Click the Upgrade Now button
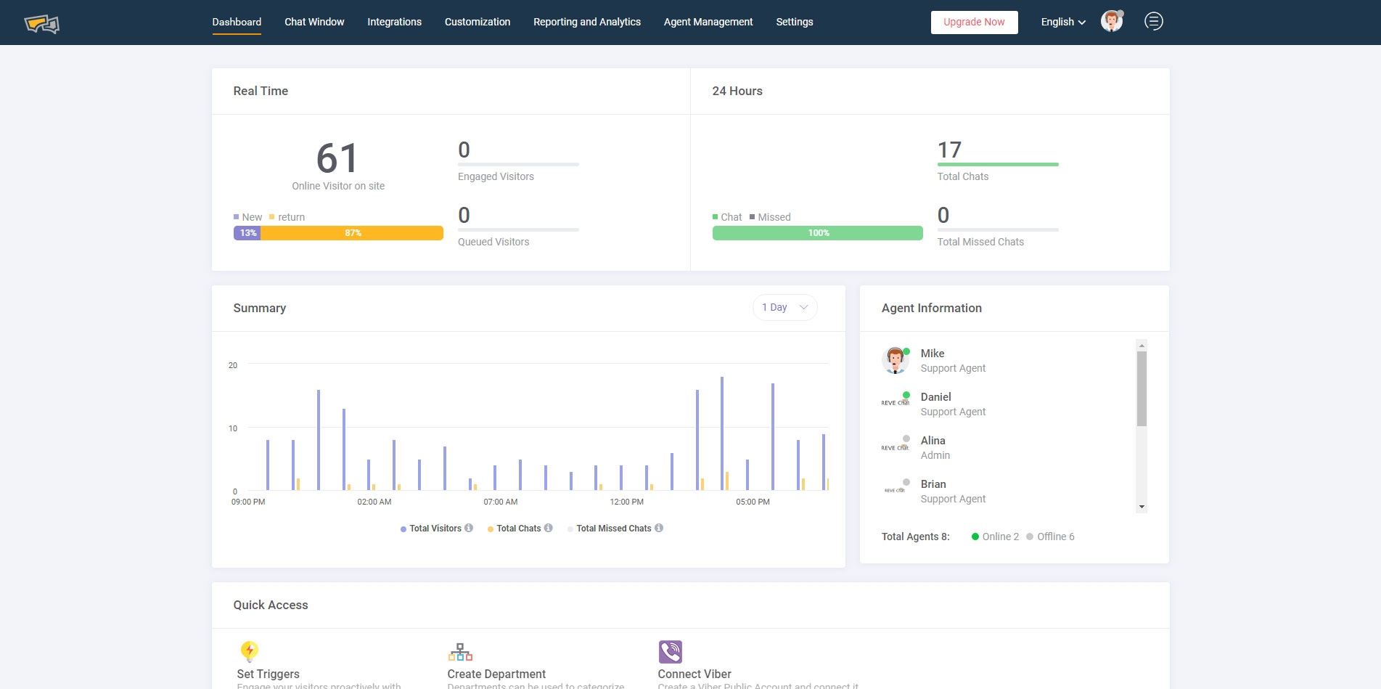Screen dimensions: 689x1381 (974, 23)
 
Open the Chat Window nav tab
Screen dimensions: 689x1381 (314, 22)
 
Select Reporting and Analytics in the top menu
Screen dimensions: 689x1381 (586, 22)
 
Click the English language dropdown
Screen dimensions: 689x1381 (1063, 22)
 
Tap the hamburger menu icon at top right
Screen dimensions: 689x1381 (1153, 22)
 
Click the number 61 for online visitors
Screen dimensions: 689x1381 (337, 158)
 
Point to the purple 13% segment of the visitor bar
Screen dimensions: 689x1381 (247, 233)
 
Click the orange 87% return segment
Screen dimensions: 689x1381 (353, 233)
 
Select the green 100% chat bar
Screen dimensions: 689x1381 (817, 233)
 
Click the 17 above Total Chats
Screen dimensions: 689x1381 (949, 150)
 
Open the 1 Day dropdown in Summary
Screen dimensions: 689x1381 (784, 307)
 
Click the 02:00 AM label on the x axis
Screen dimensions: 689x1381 (374, 502)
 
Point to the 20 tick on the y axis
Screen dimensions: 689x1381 (232, 365)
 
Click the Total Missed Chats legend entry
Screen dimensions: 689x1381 (613, 529)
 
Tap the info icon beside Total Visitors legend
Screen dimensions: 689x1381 (469, 528)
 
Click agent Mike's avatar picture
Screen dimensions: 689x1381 (895, 360)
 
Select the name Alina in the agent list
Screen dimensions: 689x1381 (933, 441)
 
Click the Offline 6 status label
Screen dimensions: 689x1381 (1054, 537)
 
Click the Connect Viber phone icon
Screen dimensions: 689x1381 (670, 651)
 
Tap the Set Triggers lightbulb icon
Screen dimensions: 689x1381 (249, 651)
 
